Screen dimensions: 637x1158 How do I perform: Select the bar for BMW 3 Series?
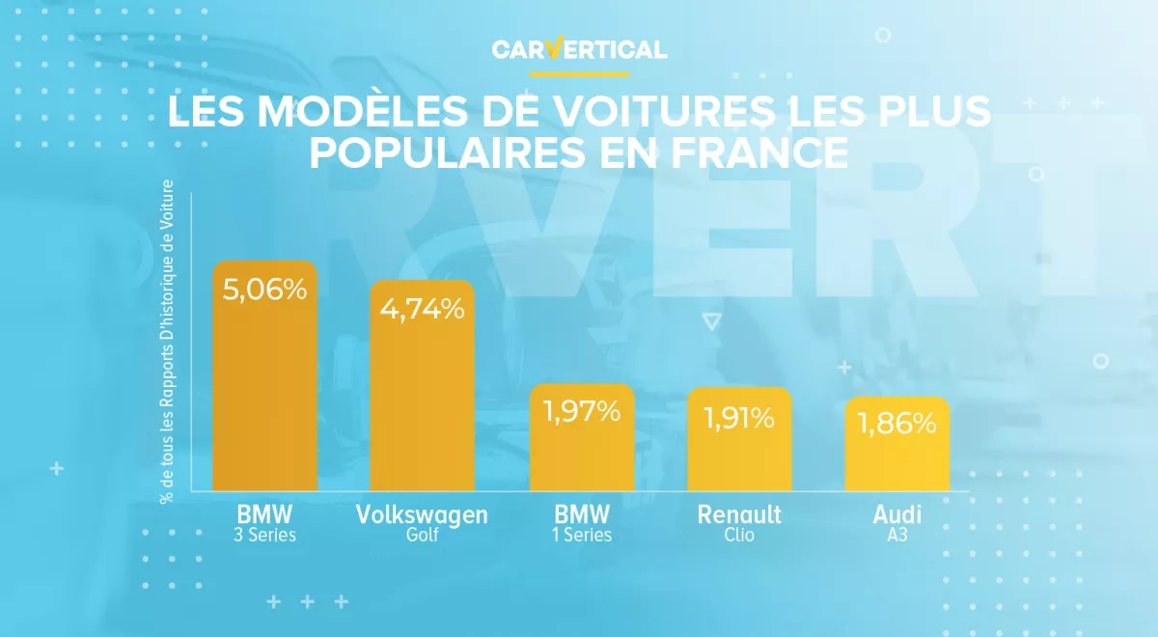coord(265,386)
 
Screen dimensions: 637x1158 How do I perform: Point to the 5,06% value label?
coord(265,289)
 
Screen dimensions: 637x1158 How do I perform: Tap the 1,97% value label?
coord(582,412)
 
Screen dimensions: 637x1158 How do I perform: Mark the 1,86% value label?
coord(897,423)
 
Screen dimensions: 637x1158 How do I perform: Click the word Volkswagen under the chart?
coord(423,514)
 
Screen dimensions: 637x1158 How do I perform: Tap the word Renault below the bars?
coord(739,514)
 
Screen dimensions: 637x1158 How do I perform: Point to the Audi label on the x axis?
coord(897,514)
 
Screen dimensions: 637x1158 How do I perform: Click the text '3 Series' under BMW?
coord(265,535)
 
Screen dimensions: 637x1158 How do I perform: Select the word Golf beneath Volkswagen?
coord(423,535)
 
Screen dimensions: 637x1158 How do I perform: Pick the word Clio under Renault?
coord(739,535)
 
